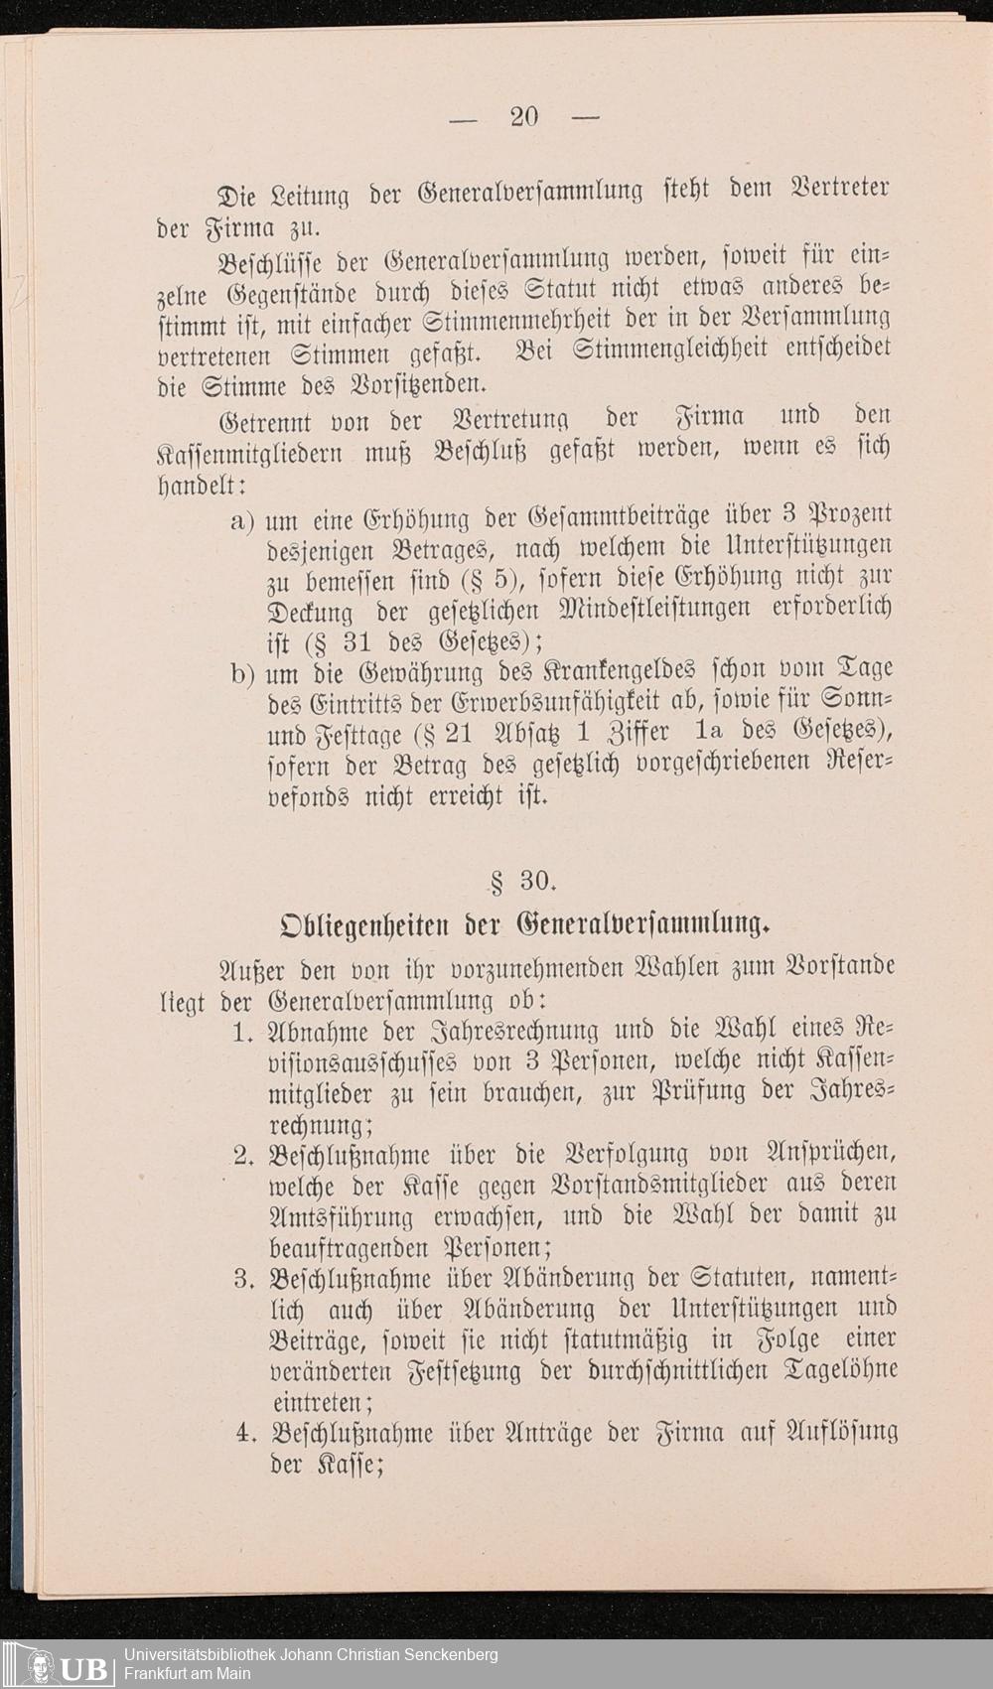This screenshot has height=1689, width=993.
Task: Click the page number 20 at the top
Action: tap(523, 117)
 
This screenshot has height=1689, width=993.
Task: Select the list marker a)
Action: tap(242, 521)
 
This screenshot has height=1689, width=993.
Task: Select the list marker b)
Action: tap(242, 674)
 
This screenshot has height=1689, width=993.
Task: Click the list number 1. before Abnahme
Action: tap(244, 1032)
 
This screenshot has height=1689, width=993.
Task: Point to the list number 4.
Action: tap(245, 1433)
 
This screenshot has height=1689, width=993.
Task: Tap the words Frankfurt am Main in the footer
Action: tap(188, 1674)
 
